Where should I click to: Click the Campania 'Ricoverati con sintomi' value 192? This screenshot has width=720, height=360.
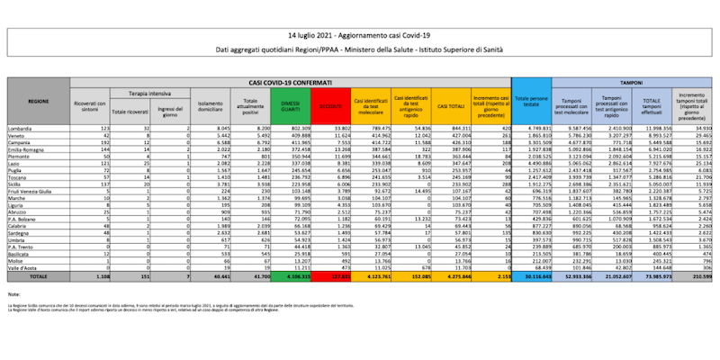pos(101,141)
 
